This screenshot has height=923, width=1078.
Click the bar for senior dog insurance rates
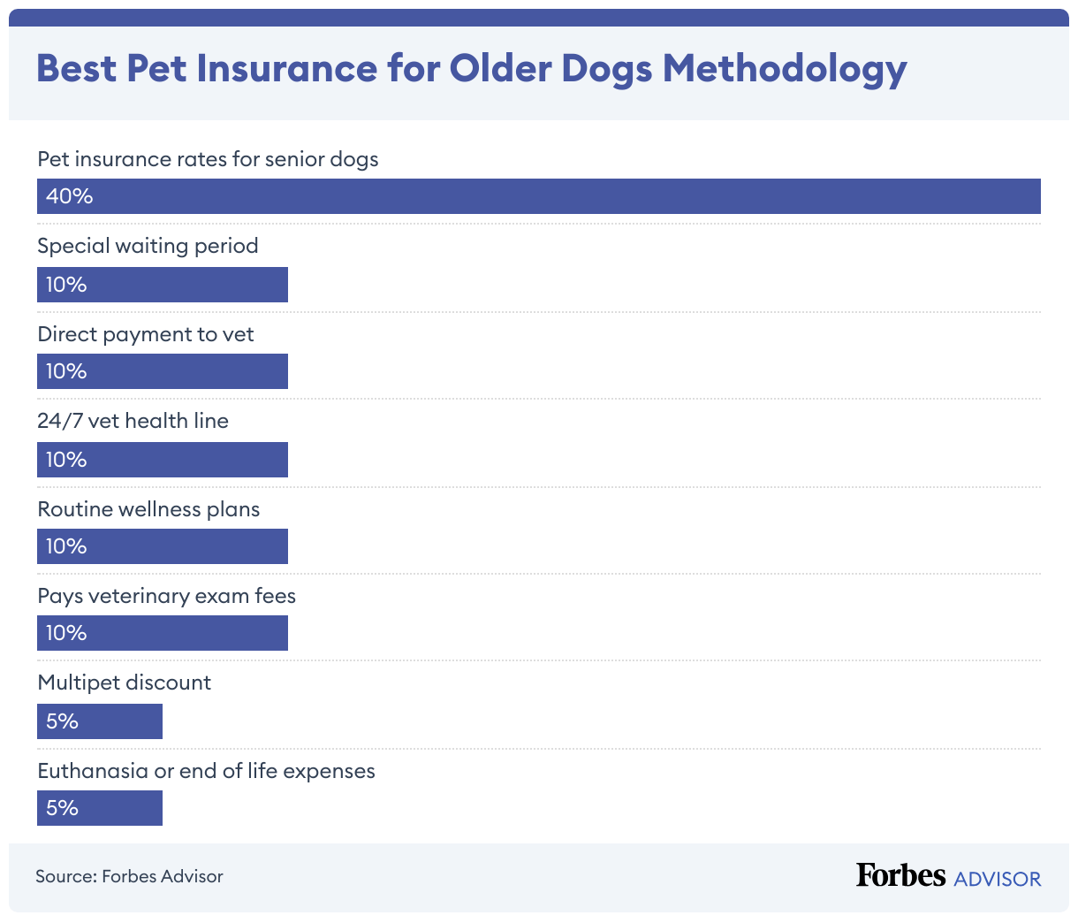(x=539, y=196)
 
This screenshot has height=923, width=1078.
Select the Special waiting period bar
(x=163, y=285)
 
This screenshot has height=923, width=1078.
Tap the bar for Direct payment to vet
(x=163, y=371)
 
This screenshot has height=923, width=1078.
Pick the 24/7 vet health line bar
(x=163, y=460)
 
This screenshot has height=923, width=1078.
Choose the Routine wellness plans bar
(x=163, y=546)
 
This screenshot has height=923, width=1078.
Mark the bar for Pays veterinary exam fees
(x=163, y=633)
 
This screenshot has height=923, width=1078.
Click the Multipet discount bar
(x=100, y=721)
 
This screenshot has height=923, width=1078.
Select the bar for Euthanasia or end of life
(x=100, y=808)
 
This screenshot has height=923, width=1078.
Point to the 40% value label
(x=69, y=196)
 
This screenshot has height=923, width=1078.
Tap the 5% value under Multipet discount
(x=62, y=721)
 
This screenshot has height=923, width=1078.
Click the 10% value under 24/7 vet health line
(x=66, y=460)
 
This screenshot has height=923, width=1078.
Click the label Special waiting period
(x=148, y=246)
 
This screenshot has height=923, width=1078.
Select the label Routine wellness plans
(x=148, y=509)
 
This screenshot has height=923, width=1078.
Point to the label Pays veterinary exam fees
(x=166, y=596)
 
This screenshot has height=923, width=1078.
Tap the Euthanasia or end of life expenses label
(x=206, y=771)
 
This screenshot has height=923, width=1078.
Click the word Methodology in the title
(x=785, y=69)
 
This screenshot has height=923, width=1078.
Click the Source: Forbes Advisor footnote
(x=129, y=876)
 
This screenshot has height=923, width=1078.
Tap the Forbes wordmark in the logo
(x=900, y=875)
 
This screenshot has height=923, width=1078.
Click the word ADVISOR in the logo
(x=998, y=879)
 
